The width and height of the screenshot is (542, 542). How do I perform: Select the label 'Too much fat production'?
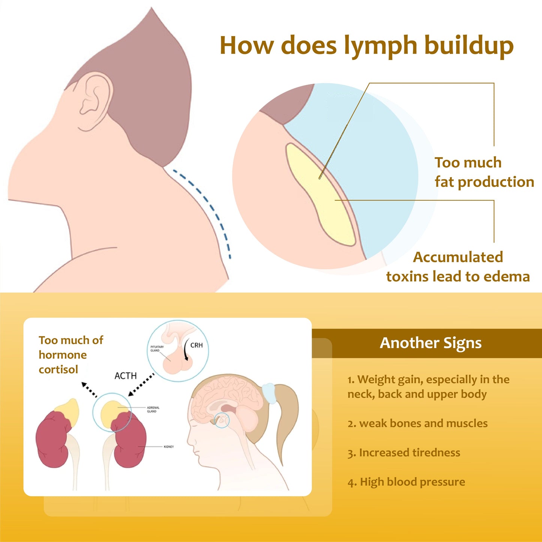point(484,172)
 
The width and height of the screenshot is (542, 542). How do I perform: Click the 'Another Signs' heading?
point(431,343)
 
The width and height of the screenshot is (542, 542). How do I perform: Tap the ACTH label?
point(126,376)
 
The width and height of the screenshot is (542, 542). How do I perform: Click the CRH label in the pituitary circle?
point(197,345)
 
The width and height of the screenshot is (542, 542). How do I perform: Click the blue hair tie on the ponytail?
point(270,393)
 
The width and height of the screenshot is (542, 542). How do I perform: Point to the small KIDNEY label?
point(169,447)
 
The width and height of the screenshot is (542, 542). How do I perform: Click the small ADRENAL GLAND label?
point(153,409)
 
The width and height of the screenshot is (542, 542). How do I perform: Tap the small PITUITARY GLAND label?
point(157,348)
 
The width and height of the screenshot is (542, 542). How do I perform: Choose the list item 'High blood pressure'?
point(407,482)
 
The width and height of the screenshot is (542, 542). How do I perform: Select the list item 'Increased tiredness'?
point(404,453)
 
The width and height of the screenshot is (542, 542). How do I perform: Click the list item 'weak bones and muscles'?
point(418,423)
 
